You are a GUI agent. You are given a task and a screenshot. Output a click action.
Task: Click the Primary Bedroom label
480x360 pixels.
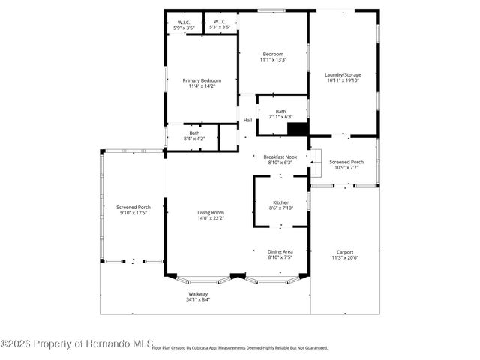(202, 80)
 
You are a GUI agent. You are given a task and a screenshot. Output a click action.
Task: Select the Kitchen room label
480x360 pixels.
(281, 202)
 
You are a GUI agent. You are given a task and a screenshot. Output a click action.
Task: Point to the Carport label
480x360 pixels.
(345, 252)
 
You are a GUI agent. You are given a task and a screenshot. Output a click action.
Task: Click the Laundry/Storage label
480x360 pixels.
(343, 74)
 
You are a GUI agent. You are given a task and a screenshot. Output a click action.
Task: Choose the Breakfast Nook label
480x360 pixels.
(280, 157)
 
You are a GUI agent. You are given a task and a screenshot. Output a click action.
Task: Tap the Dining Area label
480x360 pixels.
(280, 251)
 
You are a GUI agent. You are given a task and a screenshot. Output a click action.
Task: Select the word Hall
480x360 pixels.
(247, 120)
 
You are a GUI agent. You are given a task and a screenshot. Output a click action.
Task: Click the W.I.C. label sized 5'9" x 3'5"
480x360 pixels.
(184, 22)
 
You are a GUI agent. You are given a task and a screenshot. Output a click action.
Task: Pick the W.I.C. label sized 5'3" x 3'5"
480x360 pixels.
(220, 22)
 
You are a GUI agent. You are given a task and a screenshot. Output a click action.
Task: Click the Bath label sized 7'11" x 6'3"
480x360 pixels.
(280, 111)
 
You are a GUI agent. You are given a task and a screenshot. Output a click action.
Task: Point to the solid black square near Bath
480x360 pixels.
(298, 129)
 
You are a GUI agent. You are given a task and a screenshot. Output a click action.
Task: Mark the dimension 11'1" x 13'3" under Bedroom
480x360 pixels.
(273, 59)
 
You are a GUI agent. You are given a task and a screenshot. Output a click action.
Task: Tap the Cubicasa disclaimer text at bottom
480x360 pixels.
(240, 348)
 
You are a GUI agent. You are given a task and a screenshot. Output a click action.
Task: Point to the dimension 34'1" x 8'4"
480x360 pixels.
(198, 299)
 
